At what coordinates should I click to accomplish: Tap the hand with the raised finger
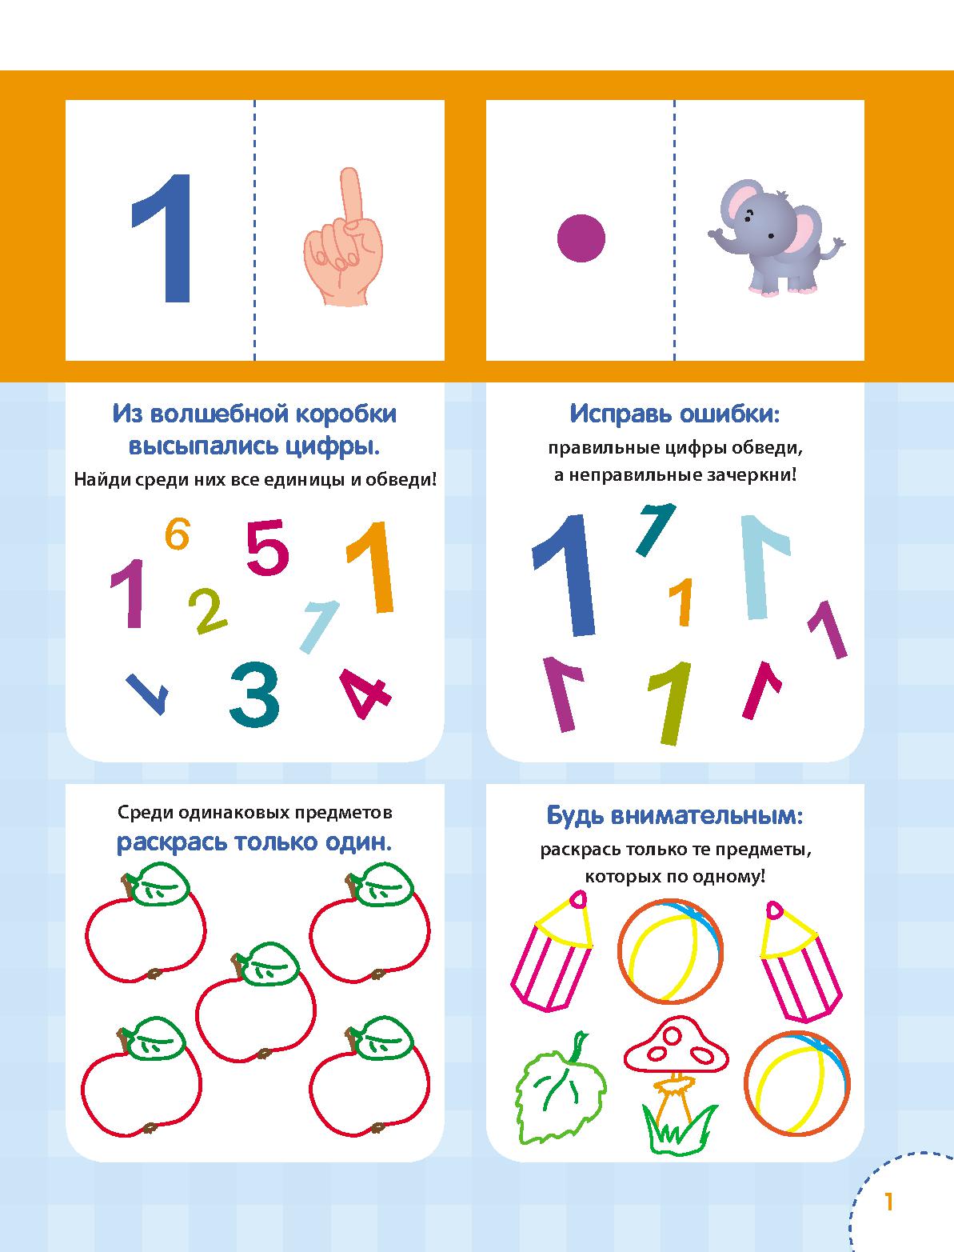coord(342,237)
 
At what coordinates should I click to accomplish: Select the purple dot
coord(581,238)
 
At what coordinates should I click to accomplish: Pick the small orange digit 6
coord(177,534)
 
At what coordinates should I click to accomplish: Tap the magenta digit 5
coord(267,547)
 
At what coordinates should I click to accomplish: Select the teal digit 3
coord(254,694)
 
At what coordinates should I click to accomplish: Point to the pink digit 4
coord(365,693)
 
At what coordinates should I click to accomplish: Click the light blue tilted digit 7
coord(319,626)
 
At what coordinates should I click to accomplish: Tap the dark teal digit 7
coord(656,530)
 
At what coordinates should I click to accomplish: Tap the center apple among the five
coord(255,1002)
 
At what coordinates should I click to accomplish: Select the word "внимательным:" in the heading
coord(707,816)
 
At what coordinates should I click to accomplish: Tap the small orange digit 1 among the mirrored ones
coord(681,602)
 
